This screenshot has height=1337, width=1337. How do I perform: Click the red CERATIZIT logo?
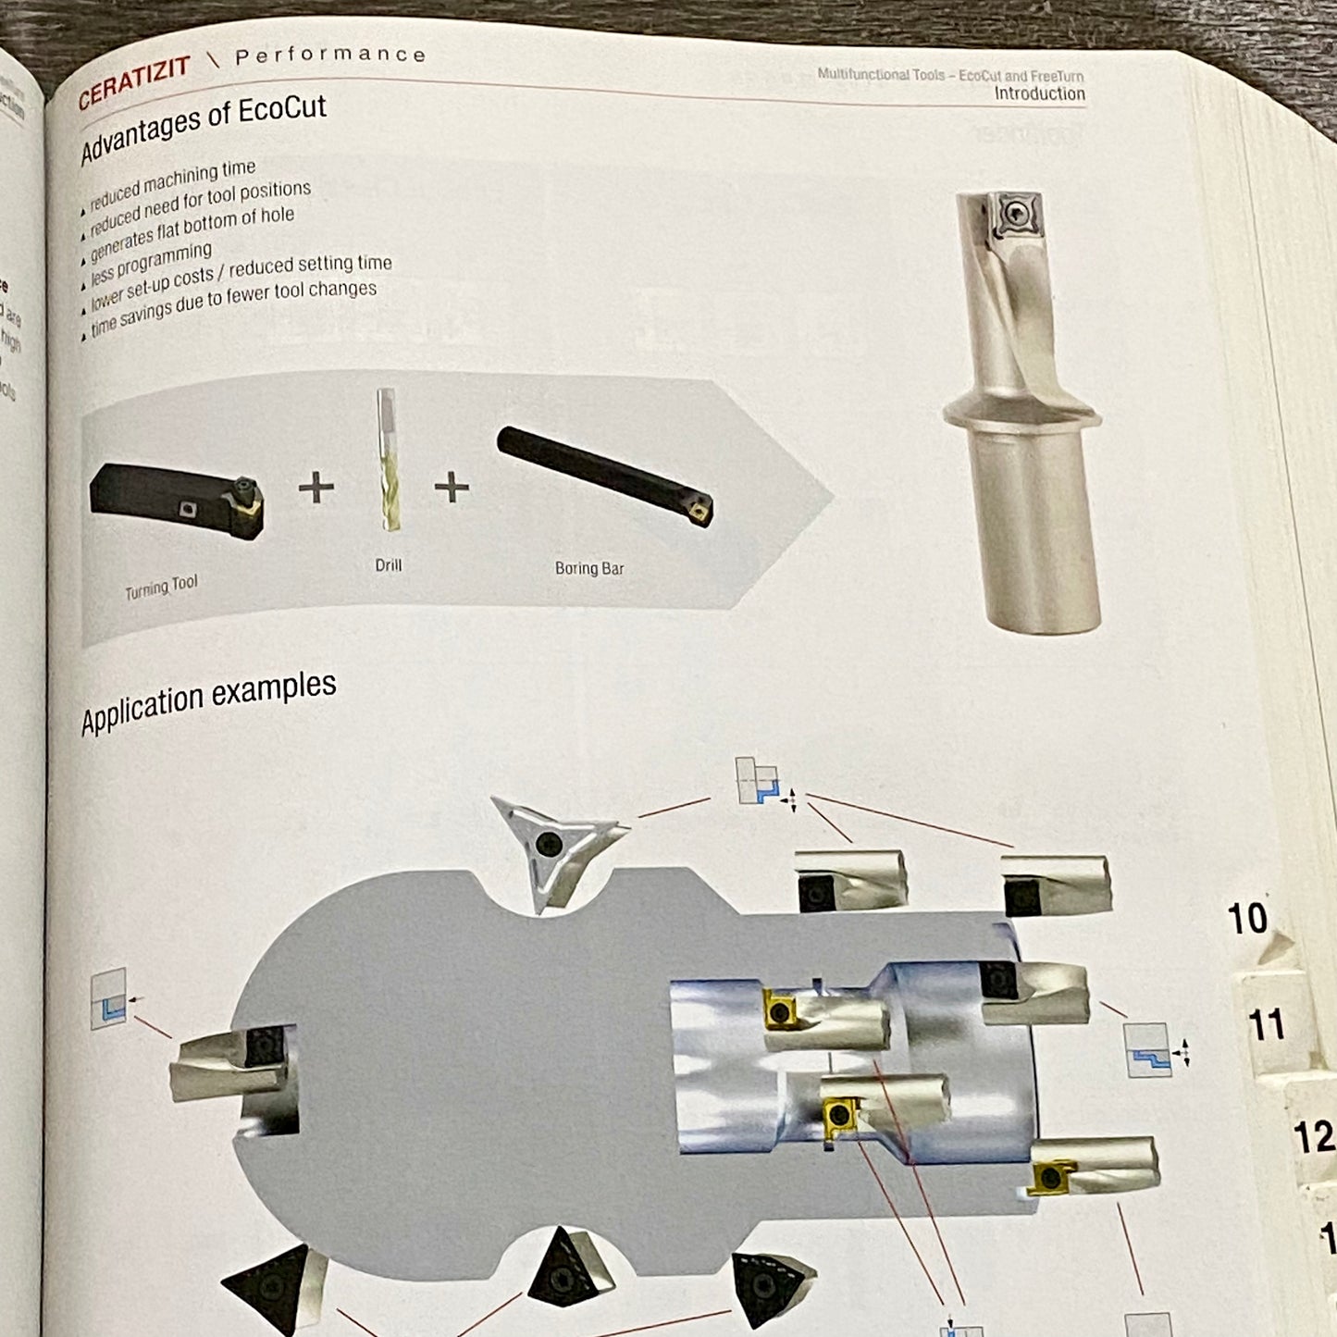(x=134, y=81)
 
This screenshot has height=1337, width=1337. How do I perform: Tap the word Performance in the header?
(x=330, y=56)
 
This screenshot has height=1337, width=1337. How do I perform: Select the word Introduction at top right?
(x=1039, y=93)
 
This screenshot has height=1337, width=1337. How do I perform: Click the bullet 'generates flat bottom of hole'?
(x=192, y=233)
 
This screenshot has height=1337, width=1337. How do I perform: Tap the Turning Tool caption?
(x=161, y=587)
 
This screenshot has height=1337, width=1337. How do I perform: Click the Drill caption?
(x=389, y=564)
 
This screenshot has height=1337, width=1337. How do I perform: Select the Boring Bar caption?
(x=589, y=568)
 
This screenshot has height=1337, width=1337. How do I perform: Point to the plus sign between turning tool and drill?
(x=316, y=487)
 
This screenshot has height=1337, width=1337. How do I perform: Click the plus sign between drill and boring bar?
(x=452, y=487)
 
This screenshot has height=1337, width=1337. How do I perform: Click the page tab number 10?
(x=1246, y=919)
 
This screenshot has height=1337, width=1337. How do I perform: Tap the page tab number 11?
(x=1267, y=1025)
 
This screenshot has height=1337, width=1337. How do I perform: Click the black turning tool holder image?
(x=176, y=500)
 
